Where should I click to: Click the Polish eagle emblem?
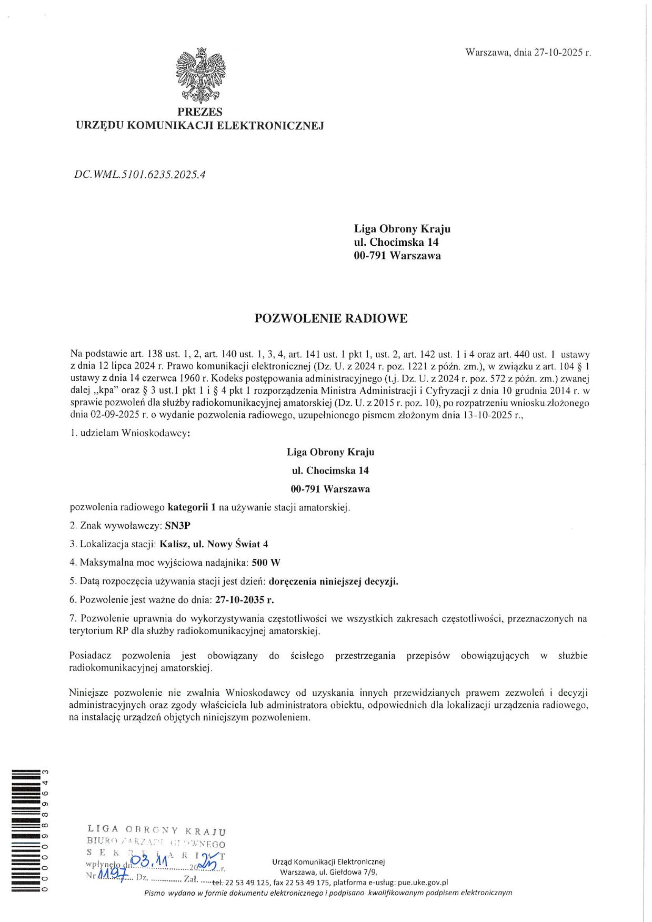pyautogui.click(x=200, y=75)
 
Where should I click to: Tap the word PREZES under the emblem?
pyautogui.click(x=200, y=112)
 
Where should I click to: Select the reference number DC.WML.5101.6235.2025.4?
pyautogui.click(x=140, y=174)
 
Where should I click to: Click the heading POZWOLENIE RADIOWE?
pyautogui.click(x=331, y=318)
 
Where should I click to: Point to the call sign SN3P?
pyautogui.click(x=178, y=526)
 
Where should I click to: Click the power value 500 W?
pyautogui.click(x=266, y=563)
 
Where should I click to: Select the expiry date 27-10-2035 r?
pyautogui.click(x=245, y=600)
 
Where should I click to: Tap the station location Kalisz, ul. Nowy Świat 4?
pyautogui.click(x=214, y=544)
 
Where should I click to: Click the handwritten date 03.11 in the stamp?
pyautogui.click(x=149, y=861)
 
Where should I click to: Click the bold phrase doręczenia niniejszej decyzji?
pyautogui.click(x=334, y=582)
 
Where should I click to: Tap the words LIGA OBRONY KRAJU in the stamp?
pyautogui.click(x=157, y=830)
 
